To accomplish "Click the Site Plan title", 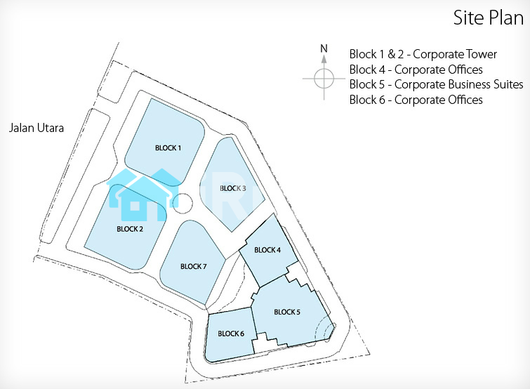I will tap(488, 18).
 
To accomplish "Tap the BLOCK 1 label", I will tap(168, 148).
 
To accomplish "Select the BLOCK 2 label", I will tap(130, 229).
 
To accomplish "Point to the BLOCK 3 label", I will tap(233, 188).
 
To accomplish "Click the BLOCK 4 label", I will tap(267, 250).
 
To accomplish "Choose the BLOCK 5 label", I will tap(287, 312).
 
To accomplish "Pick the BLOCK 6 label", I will tap(231, 334).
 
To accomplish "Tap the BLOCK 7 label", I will tap(193, 266).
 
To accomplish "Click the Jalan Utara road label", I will tap(37, 128).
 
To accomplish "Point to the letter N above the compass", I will tap(324, 48).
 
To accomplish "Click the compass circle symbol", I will tap(324, 78).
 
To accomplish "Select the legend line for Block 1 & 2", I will tap(423, 54).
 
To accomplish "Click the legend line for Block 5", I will tap(436, 84).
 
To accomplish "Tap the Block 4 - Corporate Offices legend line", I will tap(416, 70).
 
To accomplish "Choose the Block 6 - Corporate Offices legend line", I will tap(416, 100).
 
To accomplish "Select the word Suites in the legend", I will tap(507, 84).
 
